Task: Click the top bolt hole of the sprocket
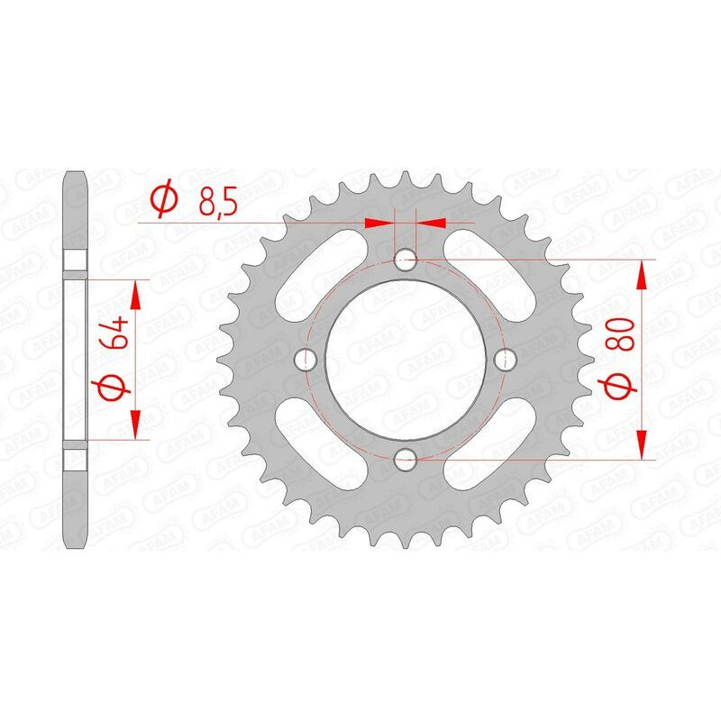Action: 405,260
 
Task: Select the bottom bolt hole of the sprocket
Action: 405,458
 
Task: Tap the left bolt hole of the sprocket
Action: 306,360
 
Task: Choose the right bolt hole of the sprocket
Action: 504,360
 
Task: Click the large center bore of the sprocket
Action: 405,360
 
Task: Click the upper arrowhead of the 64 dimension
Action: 135,294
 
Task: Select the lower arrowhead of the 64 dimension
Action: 135,424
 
